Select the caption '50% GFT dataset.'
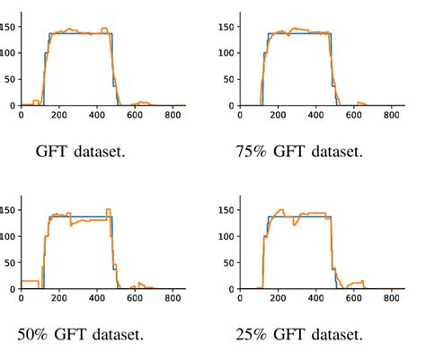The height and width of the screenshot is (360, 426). pos(80,335)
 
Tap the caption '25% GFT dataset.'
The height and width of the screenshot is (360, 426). pos(299,335)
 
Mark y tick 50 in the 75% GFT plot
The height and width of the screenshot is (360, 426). pos(230,79)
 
